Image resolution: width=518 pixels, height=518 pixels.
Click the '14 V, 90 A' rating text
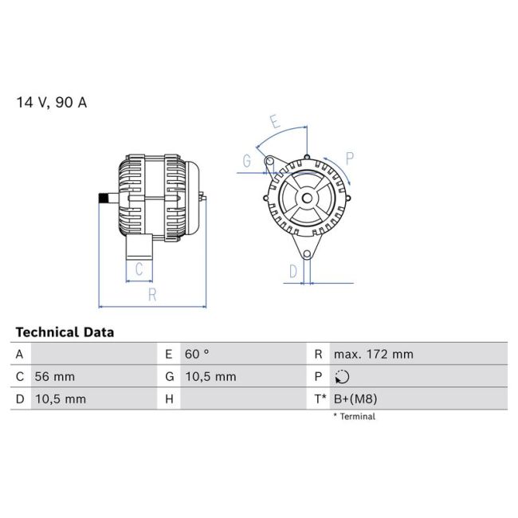52,104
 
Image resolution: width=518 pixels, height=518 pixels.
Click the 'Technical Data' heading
65,332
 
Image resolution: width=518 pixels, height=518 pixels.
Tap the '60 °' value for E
197,354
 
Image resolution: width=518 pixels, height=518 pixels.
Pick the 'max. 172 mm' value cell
374,354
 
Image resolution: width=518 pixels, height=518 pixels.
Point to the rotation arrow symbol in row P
343,376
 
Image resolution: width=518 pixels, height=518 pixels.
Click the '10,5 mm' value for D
61,398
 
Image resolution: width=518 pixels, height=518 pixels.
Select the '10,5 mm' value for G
210,376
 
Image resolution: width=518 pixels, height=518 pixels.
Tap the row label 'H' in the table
169,398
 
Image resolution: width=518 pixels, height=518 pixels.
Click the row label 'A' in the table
20,354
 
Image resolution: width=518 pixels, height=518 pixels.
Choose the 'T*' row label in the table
320,398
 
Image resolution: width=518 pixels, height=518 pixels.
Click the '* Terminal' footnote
354,416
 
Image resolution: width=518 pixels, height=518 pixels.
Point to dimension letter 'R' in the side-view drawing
152,294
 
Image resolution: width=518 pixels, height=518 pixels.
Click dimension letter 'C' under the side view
139,269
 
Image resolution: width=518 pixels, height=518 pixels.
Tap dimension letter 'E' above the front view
274,122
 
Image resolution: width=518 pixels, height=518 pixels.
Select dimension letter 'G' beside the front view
247,161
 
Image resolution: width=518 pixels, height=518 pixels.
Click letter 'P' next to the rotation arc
349,158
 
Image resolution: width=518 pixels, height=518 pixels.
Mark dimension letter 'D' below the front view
293,272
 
